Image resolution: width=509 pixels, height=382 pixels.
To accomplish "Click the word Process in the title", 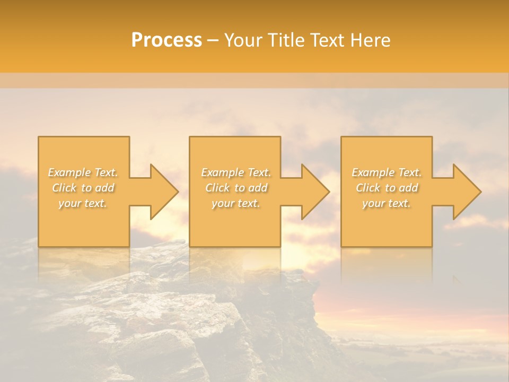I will click(x=166, y=40).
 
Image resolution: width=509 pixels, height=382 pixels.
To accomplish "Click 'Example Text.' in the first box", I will click(x=83, y=172).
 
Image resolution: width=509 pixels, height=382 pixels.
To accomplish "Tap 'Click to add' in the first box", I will click(x=83, y=188).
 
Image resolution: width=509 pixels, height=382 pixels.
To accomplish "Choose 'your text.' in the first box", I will click(x=83, y=203).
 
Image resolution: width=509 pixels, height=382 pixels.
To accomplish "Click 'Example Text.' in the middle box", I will click(x=236, y=172).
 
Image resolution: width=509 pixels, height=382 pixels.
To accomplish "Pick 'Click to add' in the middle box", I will click(x=236, y=188).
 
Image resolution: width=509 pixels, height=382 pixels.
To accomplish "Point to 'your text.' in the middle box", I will click(x=236, y=203).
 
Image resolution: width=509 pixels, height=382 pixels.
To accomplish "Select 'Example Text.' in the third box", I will click(x=387, y=172).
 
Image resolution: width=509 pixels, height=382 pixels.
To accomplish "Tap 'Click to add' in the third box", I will click(x=387, y=188).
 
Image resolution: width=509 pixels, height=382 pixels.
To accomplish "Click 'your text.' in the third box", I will click(x=387, y=203).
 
